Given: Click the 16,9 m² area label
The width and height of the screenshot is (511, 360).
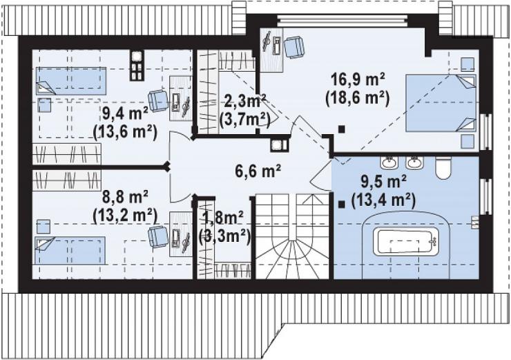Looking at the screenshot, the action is (358, 79).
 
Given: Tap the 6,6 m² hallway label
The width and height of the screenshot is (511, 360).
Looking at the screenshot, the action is (258, 170).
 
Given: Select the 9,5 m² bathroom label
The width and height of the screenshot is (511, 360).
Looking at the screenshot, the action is (383, 181).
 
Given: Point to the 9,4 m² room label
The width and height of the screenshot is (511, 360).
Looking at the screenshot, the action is (125, 113).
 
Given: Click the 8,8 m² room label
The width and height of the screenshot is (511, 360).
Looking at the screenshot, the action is (125, 197).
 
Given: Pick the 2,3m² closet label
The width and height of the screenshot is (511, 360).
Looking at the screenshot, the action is (245, 102).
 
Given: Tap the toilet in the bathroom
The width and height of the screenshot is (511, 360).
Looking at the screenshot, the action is (443, 168).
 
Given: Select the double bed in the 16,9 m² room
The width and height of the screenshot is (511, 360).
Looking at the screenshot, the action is (441, 103).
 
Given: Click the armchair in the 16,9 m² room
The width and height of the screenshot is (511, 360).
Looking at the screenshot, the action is (294, 47).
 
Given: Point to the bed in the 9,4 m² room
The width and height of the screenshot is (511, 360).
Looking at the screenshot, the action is (71, 81).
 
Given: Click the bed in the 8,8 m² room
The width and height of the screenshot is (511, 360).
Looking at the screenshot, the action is (70, 250).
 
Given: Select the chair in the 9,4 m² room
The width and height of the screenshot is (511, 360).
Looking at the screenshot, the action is (158, 101).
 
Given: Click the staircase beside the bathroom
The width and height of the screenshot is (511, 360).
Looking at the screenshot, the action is (292, 237).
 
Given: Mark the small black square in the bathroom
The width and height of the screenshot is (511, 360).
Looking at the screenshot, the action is (342, 205).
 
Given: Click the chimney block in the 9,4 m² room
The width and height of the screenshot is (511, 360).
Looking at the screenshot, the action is (137, 66).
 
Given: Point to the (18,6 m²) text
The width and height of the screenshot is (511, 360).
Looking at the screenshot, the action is (358, 98).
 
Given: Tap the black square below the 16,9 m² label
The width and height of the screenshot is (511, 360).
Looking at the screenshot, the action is (341, 129).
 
